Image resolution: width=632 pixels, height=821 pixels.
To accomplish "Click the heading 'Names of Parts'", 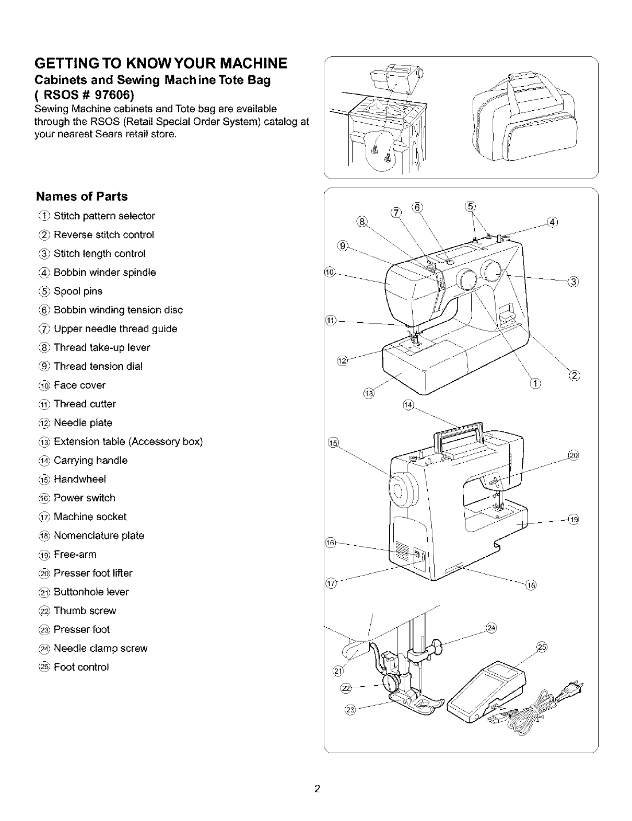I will click(81, 197).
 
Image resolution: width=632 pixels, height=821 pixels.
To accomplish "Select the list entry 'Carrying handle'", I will click(90, 460).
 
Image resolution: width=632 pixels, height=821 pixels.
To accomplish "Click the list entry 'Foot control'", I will click(81, 667).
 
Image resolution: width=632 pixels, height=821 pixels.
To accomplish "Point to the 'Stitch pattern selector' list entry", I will click(104, 216).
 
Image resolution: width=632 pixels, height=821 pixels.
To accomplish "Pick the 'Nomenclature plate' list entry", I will click(99, 535).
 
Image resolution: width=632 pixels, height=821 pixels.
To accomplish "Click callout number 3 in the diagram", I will click(573, 283).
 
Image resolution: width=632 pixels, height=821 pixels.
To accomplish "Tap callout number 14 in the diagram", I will click(408, 405).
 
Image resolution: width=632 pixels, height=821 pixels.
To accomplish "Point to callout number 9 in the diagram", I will click(343, 245).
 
